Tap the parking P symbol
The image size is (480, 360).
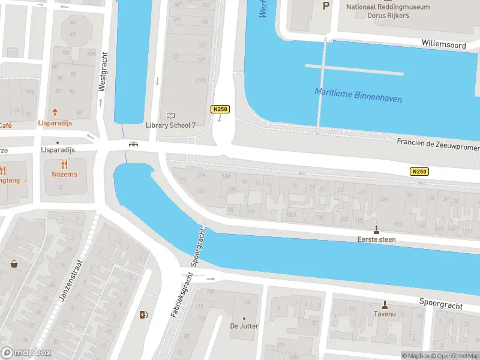[x=326, y=6]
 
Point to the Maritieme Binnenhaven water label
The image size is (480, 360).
[x=358, y=95]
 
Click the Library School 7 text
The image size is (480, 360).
[x=171, y=125]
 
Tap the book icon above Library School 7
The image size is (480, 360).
[x=171, y=115]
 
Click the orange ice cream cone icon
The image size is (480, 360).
[x=55, y=112]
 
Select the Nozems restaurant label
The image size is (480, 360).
[x=64, y=174]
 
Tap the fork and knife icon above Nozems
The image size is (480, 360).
[x=64, y=164]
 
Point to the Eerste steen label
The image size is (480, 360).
[x=377, y=239]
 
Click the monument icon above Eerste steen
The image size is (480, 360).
[x=377, y=229]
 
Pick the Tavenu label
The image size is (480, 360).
[x=385, y=314]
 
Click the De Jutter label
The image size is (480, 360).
[x=244, y=326]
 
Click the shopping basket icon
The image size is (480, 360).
[x=14, y=263]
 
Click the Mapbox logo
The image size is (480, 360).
[x=25, y=353]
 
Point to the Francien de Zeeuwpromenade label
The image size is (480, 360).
[x=438, y=146]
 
